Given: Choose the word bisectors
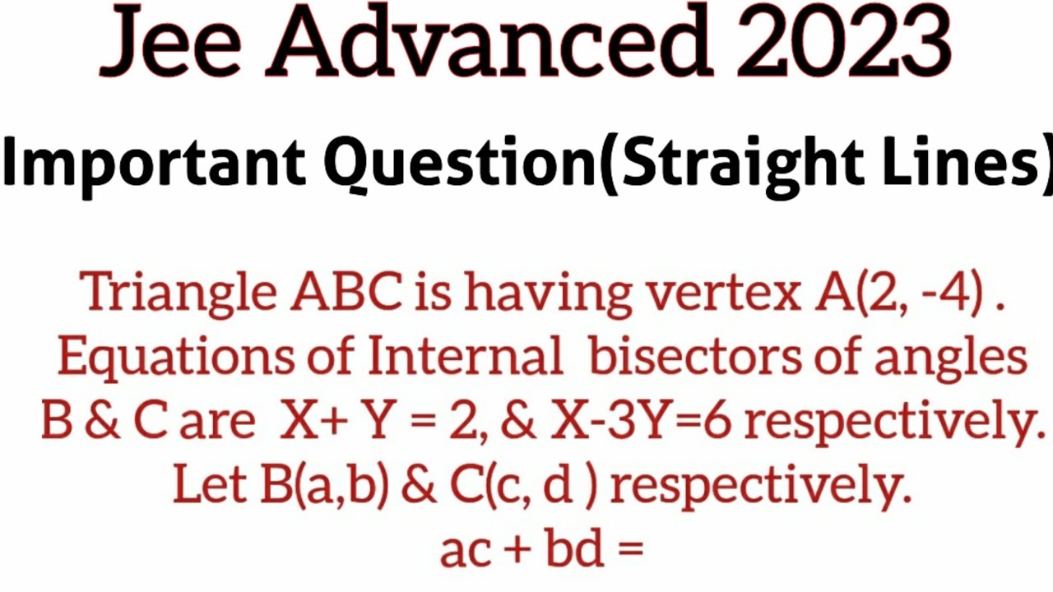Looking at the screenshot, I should coord(694,358).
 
